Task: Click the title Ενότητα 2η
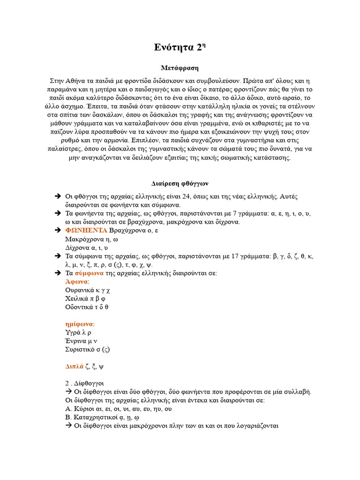tap(180, 47)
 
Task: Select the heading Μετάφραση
tap(180, 68)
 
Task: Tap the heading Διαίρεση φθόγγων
tap(180, 182)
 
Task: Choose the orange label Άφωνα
tap(76, 281)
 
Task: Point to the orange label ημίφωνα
tap(79, 324)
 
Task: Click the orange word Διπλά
tap(74, 366)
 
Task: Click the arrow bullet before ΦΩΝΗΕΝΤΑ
tap(58, 230)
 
